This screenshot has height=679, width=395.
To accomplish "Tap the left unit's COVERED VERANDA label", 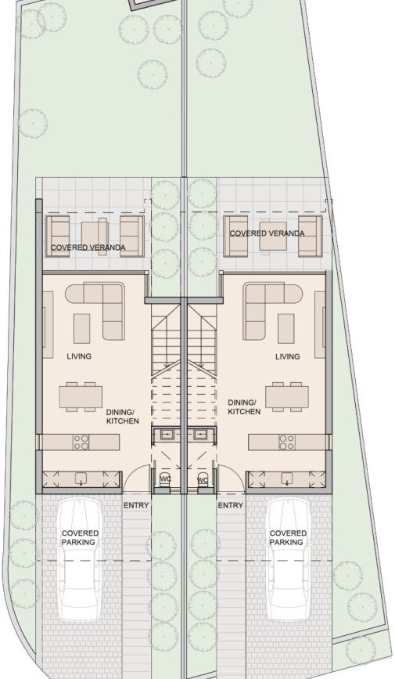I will pos(87,248).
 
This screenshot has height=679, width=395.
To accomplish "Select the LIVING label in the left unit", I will pos(79,356).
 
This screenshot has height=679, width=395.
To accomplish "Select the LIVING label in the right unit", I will pos(287,356).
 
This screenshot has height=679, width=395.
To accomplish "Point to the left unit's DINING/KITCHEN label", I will pos(122,417).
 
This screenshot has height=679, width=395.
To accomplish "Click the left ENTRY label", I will pos(135,506).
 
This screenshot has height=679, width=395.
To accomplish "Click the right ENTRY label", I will pos(230,506).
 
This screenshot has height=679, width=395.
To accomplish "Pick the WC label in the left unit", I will pos(165,479).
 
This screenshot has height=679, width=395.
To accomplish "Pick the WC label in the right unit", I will pos(202,479).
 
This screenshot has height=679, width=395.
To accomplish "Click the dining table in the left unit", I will pos(81,396).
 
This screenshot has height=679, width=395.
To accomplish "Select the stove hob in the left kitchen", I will pos(81,442).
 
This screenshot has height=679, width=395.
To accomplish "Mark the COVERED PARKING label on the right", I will pos(288,537).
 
